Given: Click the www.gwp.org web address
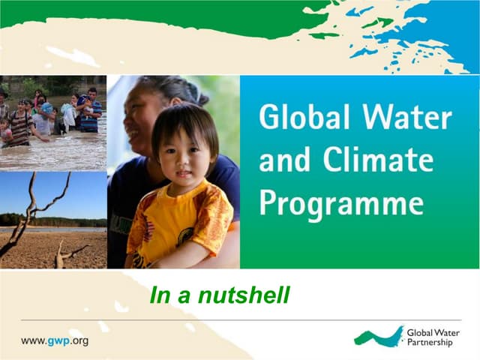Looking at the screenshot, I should pyautogui.click(x=54, y=340).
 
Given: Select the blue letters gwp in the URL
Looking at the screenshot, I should pyautogui.click(x=58, y=340).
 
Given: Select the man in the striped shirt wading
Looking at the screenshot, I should pyautogui.click(x=21, y=124).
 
